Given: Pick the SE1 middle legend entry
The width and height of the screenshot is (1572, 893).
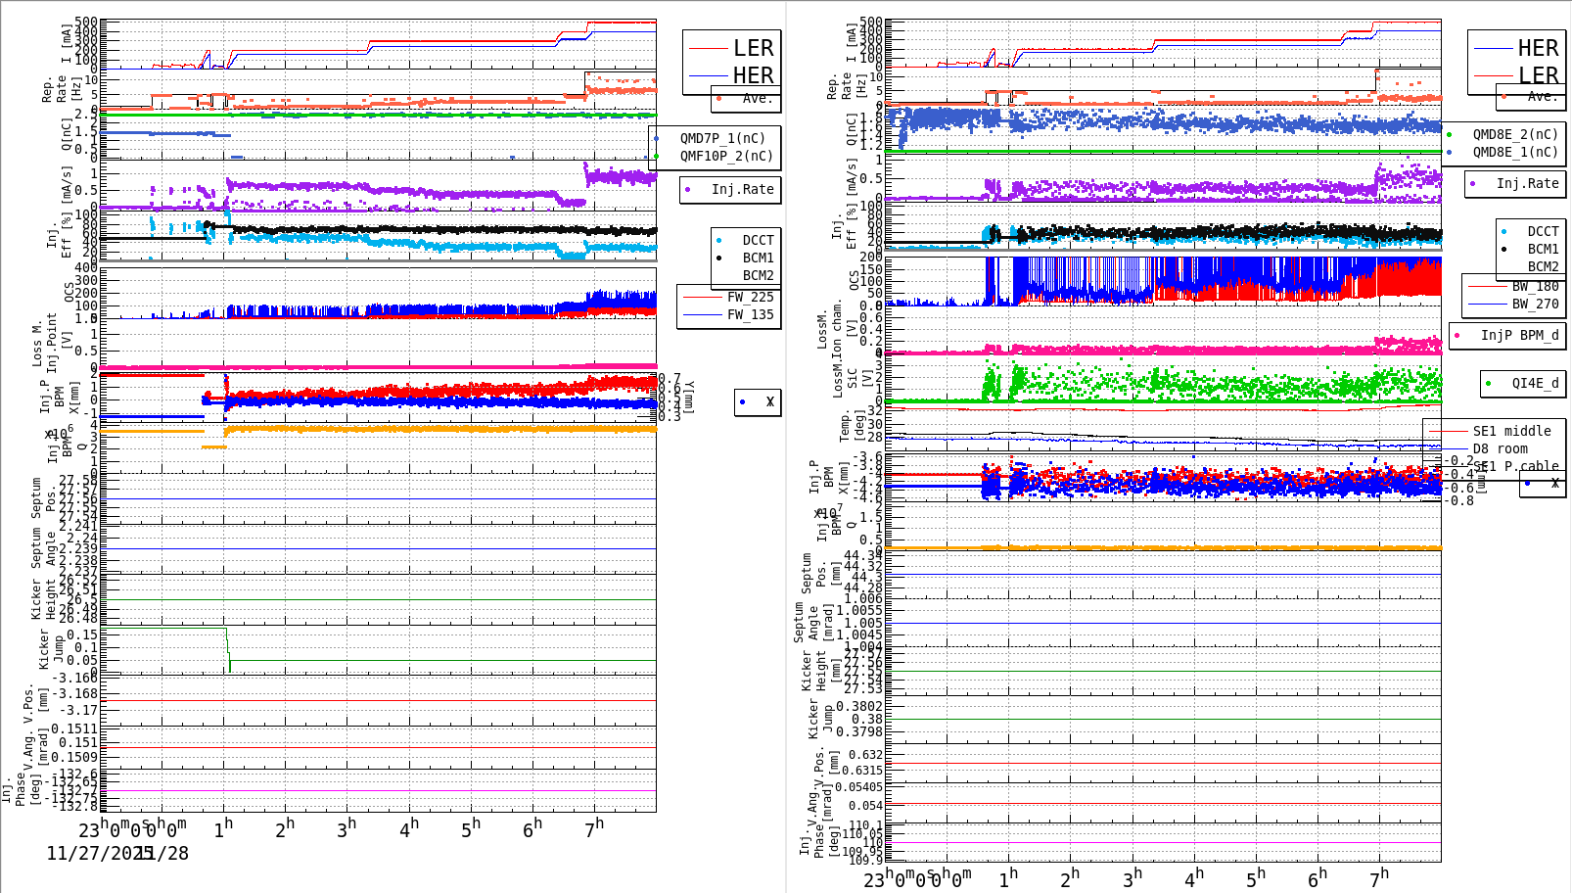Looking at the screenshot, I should pyautogui.click(x=1511, y=431).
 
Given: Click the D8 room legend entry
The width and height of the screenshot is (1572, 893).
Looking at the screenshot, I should pyautogui.click(x=1500, y=448).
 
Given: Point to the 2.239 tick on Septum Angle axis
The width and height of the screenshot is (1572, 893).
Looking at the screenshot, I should pyautogui.click(x=79, y=549).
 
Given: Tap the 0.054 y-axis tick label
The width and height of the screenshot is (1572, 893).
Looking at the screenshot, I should pyautogui.click(x=864, y=806).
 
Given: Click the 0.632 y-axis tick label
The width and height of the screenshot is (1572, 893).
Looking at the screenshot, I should pyautogui.click(x=865, y=755).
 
